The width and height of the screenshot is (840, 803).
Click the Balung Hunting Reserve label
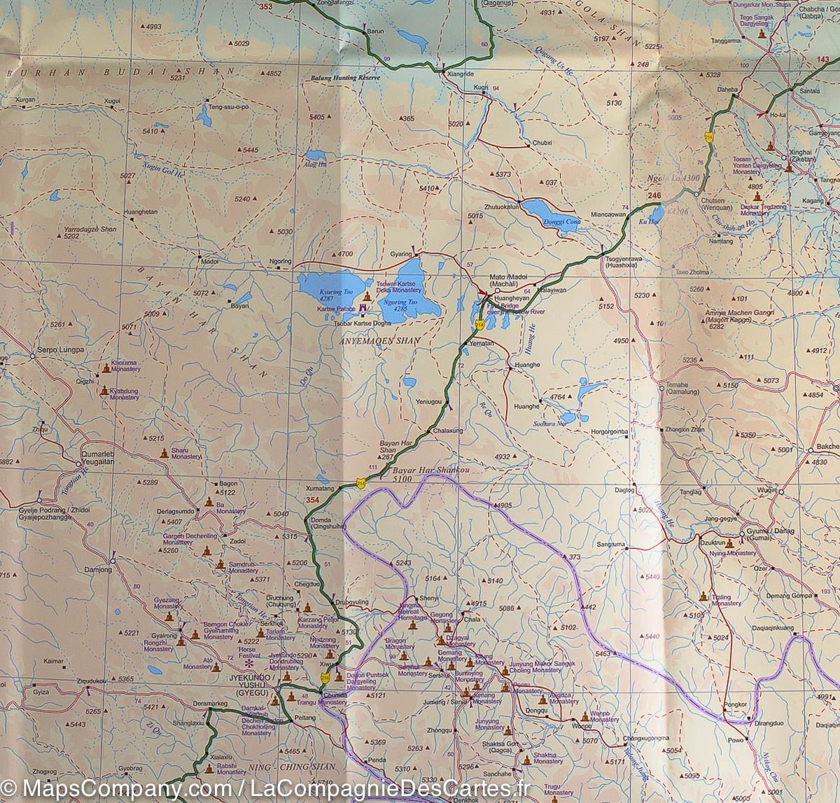344,78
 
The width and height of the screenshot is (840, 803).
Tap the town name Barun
376,32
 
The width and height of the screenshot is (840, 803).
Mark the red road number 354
312,499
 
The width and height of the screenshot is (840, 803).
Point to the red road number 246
654,195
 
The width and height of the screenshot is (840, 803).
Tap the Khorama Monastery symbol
106,368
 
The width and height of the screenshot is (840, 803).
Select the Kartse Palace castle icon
363,308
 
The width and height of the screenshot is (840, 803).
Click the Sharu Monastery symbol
164,453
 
